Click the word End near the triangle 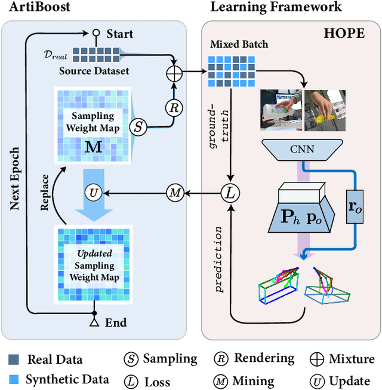pyautogui.click(x=116, y=322)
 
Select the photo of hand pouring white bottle pyautogui.click(x=281, y=109)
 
